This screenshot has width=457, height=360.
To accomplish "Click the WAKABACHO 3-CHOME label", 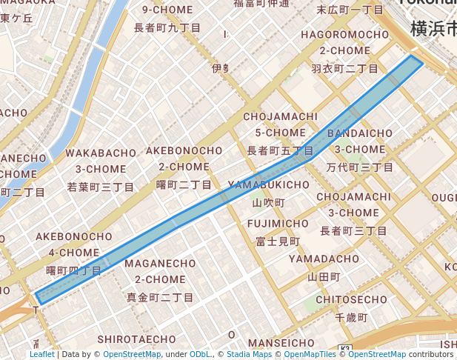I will [101, 161].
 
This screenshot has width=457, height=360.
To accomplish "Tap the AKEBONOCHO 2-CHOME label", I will [184, 159].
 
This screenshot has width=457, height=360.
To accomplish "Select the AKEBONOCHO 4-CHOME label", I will [73, 244].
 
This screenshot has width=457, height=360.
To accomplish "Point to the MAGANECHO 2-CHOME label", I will [160, 271].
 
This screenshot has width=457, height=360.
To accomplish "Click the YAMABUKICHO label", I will [268, 184].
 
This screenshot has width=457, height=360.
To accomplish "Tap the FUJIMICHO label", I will [278, 224].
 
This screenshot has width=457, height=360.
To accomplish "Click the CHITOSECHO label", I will [351, 300].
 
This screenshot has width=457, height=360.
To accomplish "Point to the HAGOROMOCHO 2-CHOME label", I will [344, 43].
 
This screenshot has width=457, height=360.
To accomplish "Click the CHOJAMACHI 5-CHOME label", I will [280, 124].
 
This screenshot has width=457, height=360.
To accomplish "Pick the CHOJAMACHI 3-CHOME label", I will [353, 204].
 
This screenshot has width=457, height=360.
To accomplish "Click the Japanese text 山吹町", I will [268, 202].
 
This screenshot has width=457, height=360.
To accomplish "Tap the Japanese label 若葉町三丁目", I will [101, 187].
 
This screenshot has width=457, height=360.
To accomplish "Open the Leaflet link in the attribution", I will [41, 354].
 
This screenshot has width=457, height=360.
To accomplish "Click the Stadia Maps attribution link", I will [249, 354].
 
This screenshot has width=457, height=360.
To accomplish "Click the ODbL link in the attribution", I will [200, 354].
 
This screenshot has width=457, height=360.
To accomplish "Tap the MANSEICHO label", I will [281, 343].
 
